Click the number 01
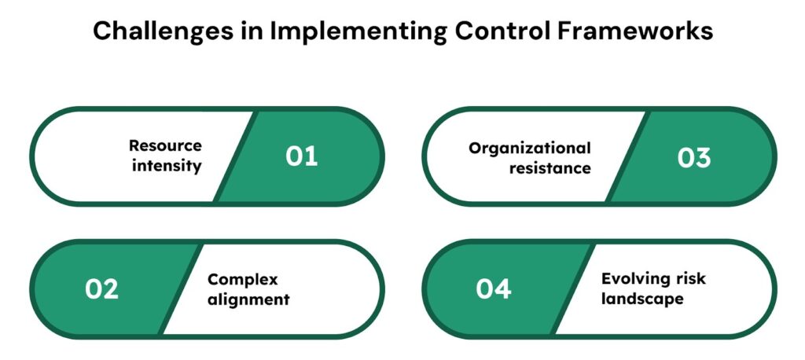[301, 156]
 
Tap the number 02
[101, 289]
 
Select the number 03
[694, 157]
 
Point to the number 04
[494, 289]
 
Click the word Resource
[165, 145]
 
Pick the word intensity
[167, 167]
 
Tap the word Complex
[242, 280]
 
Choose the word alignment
[248, 299]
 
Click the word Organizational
[530, 149]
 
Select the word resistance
[550, 168]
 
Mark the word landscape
[642, 299]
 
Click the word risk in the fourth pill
[693, 278]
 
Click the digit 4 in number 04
[502, 289]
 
